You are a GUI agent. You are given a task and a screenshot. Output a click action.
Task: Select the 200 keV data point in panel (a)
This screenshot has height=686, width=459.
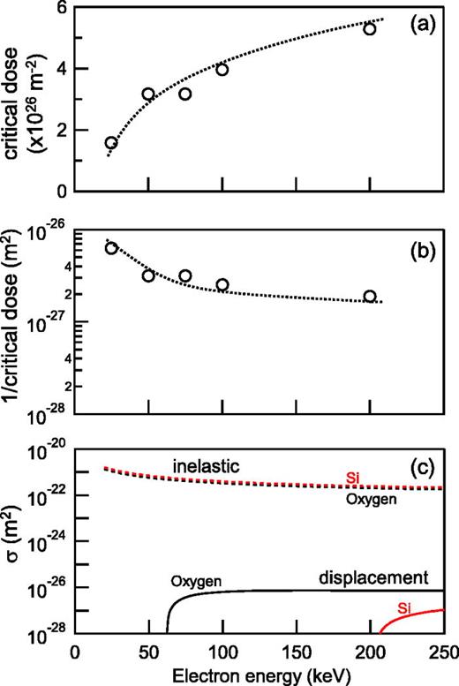(369, 29)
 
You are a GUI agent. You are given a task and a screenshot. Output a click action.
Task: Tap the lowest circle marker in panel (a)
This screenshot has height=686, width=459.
(111, 143)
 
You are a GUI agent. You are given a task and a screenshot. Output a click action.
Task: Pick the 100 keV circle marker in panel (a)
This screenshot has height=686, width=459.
(222, 70)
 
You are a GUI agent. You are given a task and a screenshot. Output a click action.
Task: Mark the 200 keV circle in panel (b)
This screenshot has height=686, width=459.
(369, 297)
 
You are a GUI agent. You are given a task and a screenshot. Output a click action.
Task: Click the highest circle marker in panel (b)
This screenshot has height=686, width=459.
(111, 248)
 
